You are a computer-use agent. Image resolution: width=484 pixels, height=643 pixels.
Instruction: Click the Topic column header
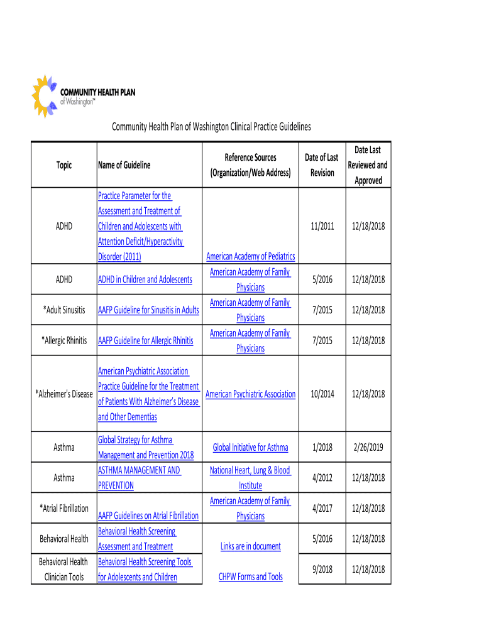tap(63, 165)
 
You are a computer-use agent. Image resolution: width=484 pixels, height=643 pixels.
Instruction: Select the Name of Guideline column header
tap(124, 165)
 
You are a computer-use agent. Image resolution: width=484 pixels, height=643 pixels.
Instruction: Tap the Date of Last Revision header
tap(322, 165)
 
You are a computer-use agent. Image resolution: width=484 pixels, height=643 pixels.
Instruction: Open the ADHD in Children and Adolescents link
tap(145, 279)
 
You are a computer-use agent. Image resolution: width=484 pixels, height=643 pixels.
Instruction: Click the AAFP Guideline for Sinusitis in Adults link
tap(148, 310)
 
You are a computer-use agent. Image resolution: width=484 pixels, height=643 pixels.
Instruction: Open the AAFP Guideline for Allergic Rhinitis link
tap(145, 341)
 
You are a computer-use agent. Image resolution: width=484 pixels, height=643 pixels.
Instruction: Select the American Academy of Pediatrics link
tap(251, 256)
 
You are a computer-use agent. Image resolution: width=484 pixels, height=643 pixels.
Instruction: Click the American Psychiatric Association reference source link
tap(250, 394)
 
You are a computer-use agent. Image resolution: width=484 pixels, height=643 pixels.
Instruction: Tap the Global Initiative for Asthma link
tap(250, 448)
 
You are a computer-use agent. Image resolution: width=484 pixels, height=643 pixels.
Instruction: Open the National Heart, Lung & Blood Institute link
tap(250, 478)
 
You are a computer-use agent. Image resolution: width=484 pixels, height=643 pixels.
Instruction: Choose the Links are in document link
tap(250, 546)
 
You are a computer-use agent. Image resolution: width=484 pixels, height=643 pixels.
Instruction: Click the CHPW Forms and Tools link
tap(250, 576)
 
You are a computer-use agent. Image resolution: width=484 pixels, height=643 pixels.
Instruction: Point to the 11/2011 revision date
tap(322, 226)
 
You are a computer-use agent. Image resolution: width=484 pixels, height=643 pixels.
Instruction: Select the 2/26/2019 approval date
tap(368, 448)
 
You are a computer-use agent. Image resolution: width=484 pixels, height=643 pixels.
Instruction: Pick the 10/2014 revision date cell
tap(322, 394)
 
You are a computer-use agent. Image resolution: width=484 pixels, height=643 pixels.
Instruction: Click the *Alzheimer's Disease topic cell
tap(63, 394)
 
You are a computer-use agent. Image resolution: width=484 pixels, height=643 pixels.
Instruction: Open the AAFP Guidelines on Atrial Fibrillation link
tap(148, 516)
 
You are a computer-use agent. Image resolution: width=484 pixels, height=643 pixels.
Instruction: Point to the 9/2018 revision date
tap(322, 570)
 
